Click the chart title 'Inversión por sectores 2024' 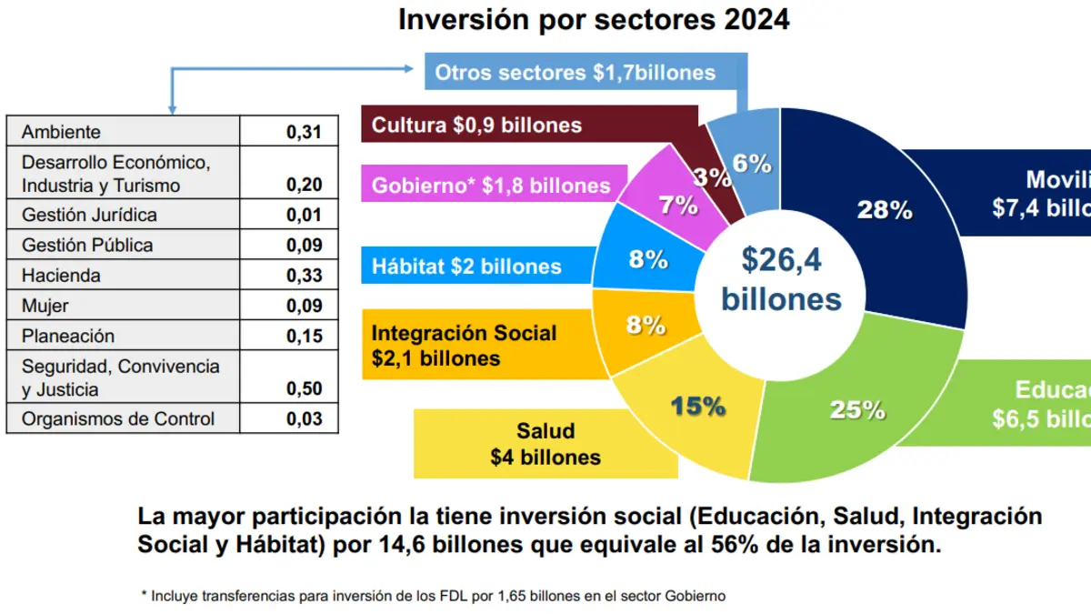click(594, 20)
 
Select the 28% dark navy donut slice click(884, 211)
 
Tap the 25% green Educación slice click(856, 409)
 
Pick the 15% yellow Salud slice click(697, 406)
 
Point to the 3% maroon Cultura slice click(713, 176)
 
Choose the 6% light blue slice click(751, 164)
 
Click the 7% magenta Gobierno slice click(677, 205)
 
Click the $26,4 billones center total click(781, 279)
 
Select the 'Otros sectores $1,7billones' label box click(575, 73)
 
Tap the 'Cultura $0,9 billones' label click(476, 125)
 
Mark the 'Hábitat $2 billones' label click(466, 267)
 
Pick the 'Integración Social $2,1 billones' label click(464, 345)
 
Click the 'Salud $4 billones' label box click(545, 444)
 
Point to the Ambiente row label click(62, 133)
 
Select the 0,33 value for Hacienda click(304, 276)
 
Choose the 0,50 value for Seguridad click(304, 389)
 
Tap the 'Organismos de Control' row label click(118, 419)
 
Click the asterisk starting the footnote click(144, 596)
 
